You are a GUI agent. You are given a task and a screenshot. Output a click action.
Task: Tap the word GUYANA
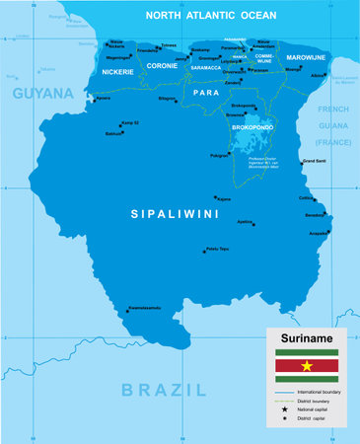42,93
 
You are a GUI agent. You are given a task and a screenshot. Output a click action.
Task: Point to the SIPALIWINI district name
174,213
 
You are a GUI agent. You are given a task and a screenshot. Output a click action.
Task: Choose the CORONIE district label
162,65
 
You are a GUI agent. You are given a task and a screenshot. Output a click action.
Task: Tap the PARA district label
205,92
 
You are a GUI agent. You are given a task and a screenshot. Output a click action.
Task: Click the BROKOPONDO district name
252,127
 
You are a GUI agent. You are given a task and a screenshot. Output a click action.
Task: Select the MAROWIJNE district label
308,57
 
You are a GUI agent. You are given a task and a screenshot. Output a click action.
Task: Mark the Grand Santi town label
314,160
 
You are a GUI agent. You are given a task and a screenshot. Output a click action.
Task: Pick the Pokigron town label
219,155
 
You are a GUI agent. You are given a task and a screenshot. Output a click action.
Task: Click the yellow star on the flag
306,367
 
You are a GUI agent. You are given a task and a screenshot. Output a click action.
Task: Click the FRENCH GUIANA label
333,126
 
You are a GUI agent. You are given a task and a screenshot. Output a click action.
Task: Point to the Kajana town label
223,199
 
